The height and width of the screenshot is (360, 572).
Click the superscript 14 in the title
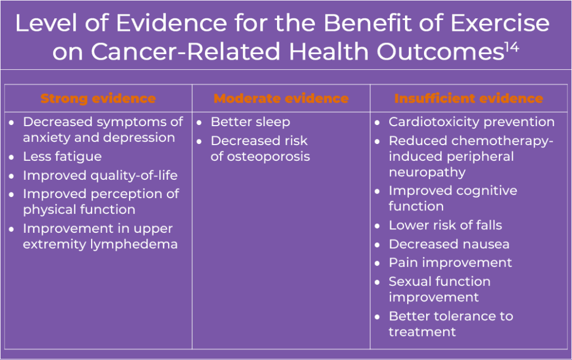click(512, 47)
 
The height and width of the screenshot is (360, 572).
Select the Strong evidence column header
click(98, 98)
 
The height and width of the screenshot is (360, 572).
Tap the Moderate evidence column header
click(281, 98)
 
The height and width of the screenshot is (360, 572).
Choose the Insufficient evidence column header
click(469, 98)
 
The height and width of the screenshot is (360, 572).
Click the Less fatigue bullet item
click(63, 157)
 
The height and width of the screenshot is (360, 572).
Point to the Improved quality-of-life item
click(101, 175)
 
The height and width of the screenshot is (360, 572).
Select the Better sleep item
click(250, 122)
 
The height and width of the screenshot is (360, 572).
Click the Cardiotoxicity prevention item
click(471, 122)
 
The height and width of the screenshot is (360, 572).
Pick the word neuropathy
click(427, 172)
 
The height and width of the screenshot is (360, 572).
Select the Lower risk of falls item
click(445, 225)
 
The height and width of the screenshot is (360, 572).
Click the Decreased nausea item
click(449, 244)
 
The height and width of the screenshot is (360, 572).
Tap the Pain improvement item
click(451, 263)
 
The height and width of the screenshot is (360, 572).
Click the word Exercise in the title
click(500, 23)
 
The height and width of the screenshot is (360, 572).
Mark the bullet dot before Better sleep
click(199, 123)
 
